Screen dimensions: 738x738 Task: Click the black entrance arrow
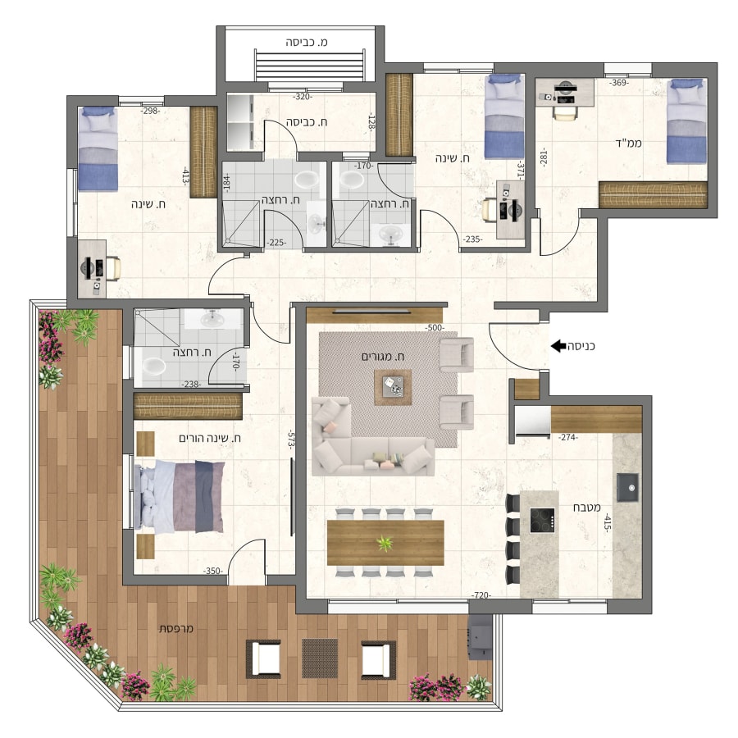[558, 346]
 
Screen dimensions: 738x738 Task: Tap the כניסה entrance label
[581, 346]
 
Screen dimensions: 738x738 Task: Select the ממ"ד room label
[629, 143]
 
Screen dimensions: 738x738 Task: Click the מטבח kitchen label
[586, 508]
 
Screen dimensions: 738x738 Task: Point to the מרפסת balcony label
[176, 628]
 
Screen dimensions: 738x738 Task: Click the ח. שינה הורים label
[210, 438]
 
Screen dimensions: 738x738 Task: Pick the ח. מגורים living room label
[383, 357]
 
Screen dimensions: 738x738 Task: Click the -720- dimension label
[481, 595]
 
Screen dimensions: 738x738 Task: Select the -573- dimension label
[291, 440]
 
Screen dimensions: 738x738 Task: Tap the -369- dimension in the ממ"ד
[619, 83]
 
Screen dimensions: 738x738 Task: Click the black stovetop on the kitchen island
[542, 520]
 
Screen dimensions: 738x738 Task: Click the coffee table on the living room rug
[393, 387]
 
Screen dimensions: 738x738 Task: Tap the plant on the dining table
[385, 544]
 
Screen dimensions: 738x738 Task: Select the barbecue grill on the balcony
[479, 638]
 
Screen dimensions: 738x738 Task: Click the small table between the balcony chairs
[320, 658]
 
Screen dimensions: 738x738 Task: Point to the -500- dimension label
[435, 327]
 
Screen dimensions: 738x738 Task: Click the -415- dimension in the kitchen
[607, 523]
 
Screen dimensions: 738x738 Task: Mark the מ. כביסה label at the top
[307, 43]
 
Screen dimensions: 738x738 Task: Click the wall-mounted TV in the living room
[371, 312]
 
